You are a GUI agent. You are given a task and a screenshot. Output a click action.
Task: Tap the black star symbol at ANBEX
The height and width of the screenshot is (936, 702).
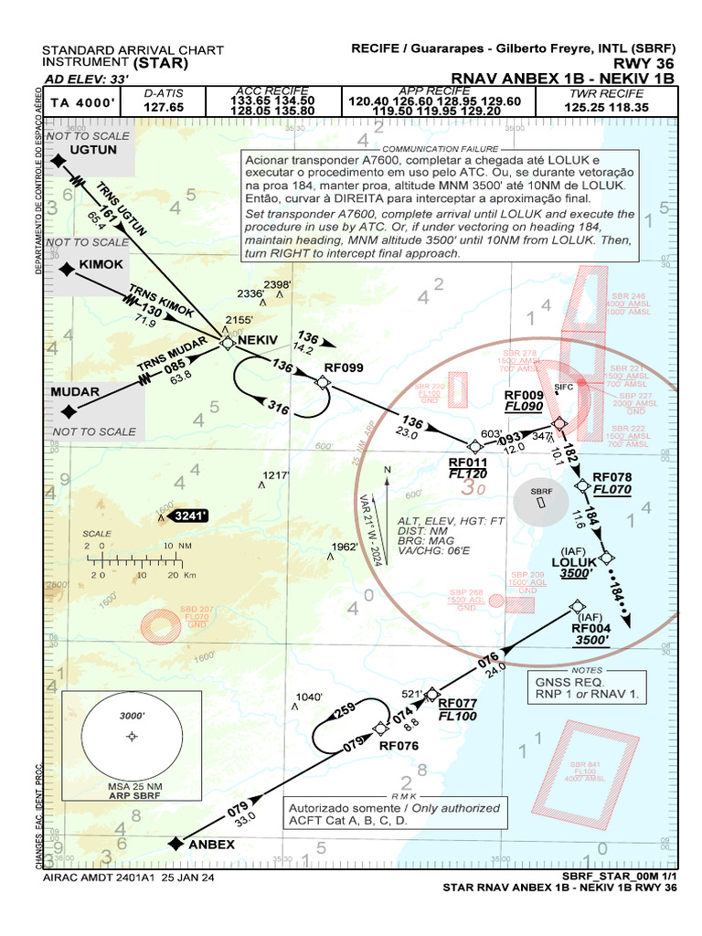175,843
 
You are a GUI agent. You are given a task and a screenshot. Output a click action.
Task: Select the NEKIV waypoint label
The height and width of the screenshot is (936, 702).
258,340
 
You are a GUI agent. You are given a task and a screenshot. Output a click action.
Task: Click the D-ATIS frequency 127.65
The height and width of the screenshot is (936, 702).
164,107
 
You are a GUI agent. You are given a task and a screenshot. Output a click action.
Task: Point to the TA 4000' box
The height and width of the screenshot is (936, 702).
82,103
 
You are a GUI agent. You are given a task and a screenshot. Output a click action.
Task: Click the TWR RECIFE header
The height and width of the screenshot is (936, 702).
606,93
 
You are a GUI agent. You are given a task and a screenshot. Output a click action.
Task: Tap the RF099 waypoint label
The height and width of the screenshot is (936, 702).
344,367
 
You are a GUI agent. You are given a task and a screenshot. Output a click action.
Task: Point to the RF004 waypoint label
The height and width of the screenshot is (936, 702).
590,628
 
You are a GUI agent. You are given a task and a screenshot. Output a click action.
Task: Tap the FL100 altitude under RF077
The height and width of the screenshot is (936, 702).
458,717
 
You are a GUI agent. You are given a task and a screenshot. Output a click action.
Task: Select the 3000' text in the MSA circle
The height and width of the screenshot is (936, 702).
133,716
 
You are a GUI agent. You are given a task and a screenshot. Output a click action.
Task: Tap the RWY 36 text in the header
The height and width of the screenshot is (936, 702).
645,64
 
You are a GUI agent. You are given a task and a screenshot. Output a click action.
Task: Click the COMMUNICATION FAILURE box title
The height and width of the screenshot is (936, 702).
441,148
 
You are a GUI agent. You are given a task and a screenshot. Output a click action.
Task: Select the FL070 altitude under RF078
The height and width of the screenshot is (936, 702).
612,490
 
